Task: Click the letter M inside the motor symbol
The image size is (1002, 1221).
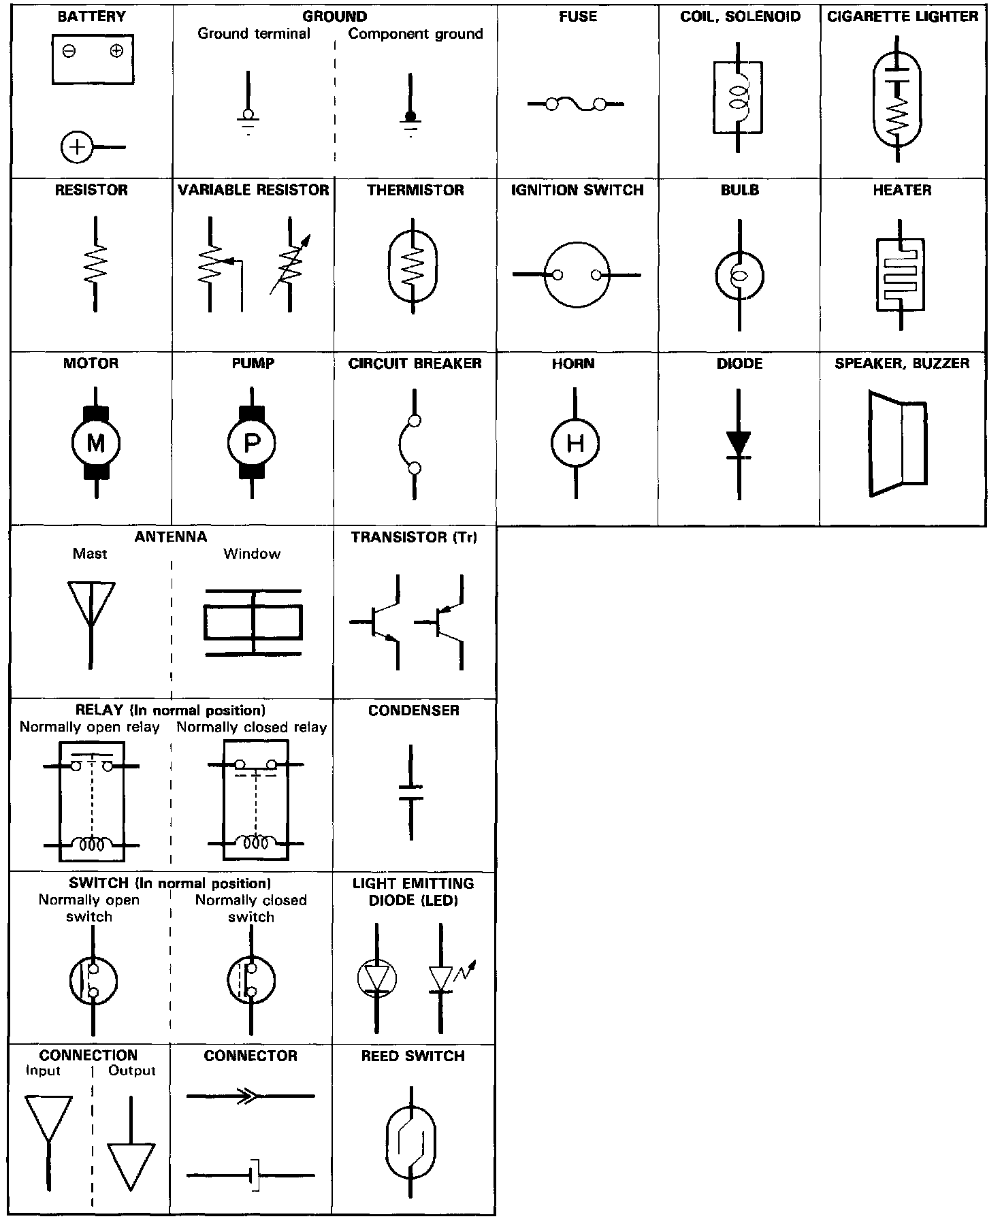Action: pyautogui.click(x=95, y=444)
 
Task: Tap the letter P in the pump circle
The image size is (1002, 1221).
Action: pyautogui.click(x=252, y=444)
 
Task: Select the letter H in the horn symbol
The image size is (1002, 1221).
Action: pyautogui.click(x=575, y=444)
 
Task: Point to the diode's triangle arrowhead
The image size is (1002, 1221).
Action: pyautogui.click(x=739, y=443)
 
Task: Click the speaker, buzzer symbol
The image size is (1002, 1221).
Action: pyautogui.click(x=897, y=443)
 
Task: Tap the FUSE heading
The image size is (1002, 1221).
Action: pyautogui.click(x=578, y=16)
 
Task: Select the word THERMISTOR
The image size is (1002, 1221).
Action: pyautogui.click(x=415, y=190)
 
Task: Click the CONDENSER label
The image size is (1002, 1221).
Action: pyautogui.click(x=414, y=711)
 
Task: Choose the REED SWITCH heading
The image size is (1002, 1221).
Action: pyautogui.click(x=413, y=1056)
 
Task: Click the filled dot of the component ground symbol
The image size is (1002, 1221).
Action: pyautogui.click(x=410, y=116)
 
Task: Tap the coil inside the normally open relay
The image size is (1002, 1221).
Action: pyautogui.click(x=92, y=845)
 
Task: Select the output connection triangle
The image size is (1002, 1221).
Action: pyautogui.click(x=131, y=1165)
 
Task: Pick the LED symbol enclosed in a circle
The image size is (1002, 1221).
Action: pyautogui.click(x=376, y=978)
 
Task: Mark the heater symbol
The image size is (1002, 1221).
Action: pyautogui.click(x=900, y=275)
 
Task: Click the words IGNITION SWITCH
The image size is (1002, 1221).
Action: pyautogui.click(x=577, y=190)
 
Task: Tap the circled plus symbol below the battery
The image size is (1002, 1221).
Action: pyautogui.click(x=77, y=147)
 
